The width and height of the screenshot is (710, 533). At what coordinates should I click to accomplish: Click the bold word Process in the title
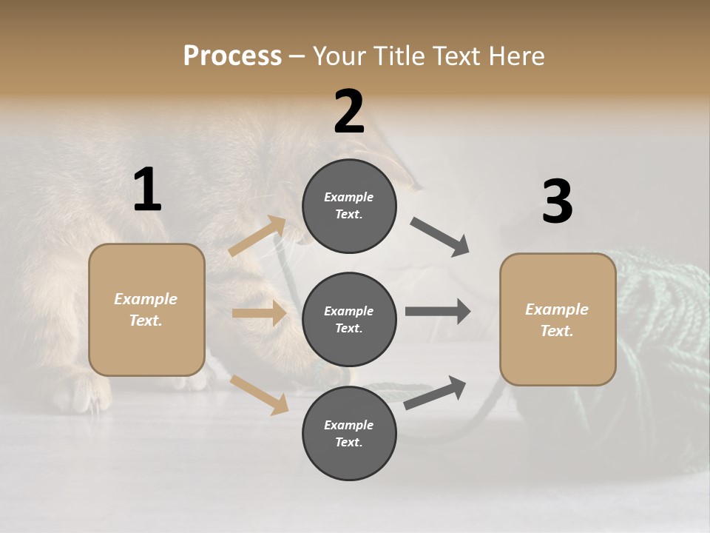click(232, 56)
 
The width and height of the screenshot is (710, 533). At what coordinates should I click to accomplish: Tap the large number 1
click(147, 190)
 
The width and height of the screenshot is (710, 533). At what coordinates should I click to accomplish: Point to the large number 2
click(349, 111)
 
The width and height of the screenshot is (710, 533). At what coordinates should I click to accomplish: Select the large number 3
click(557, 202)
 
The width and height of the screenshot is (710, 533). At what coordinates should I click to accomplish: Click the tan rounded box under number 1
click(146, 348)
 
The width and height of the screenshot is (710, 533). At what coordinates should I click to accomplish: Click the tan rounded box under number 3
click(558, 359)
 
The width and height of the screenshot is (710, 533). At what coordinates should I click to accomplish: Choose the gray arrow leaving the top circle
click(440, 238)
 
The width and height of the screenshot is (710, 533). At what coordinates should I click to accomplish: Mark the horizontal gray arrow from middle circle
click(437, 312)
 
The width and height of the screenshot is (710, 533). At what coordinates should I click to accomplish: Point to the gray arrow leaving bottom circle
click(436, 393)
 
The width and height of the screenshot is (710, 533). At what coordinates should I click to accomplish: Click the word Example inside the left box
click(146, 299)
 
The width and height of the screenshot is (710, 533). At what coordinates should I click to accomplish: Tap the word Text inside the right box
click(555, 331)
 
